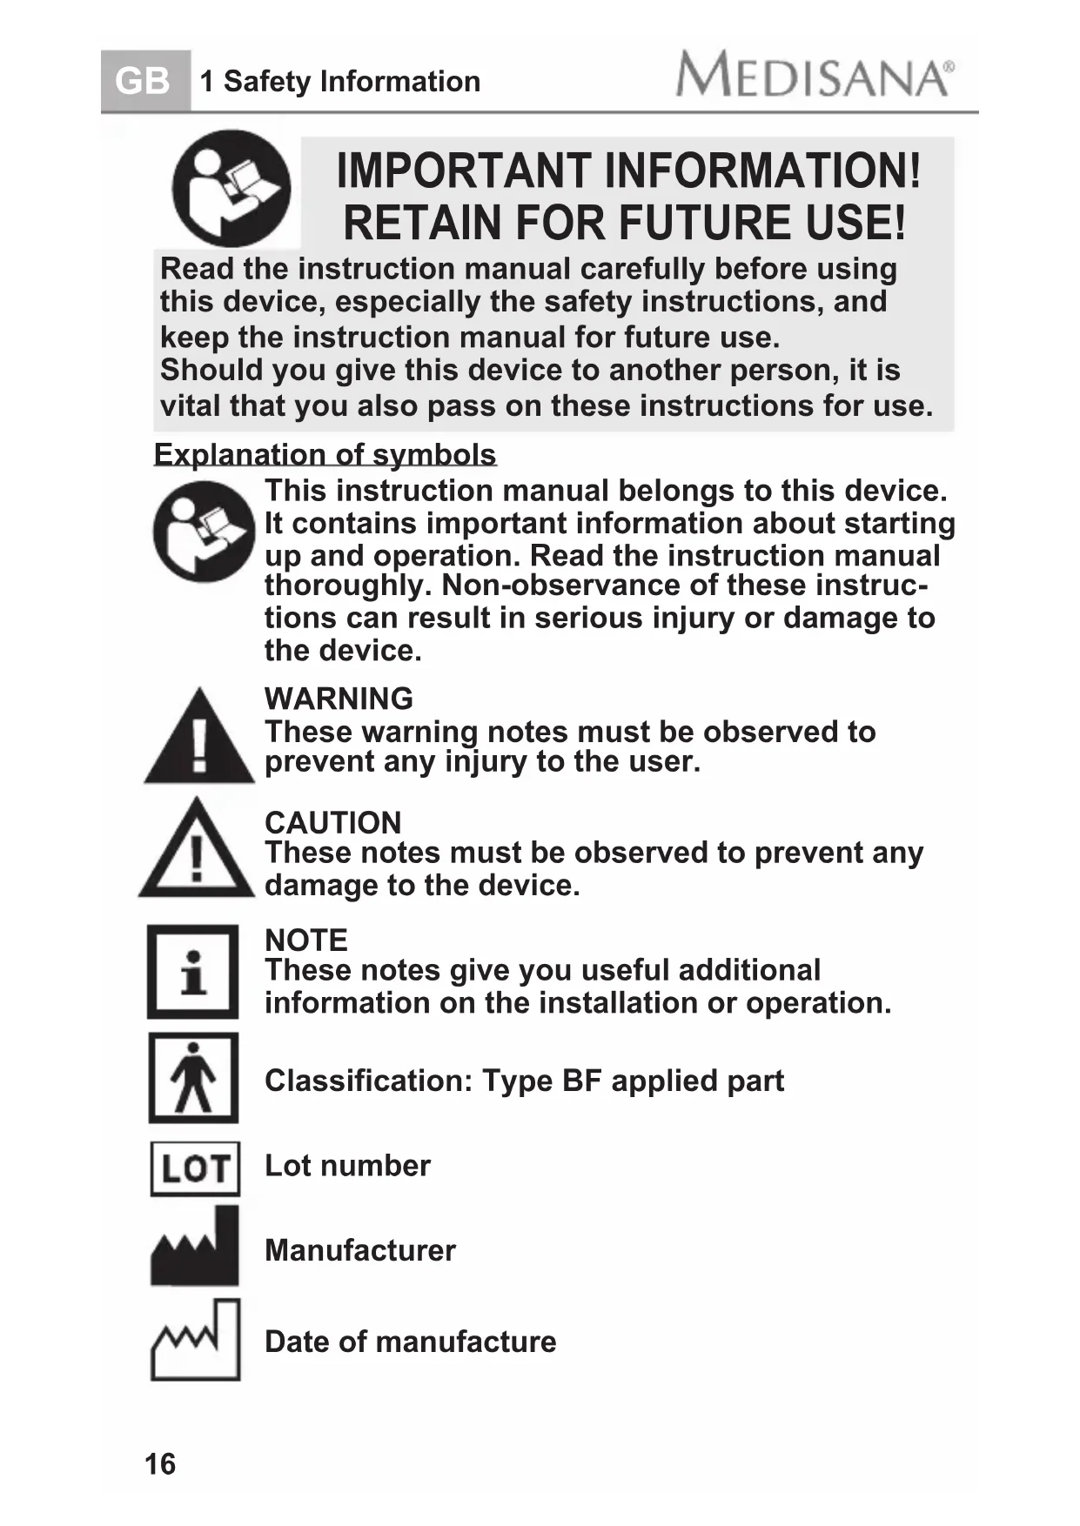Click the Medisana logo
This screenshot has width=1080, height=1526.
[x=815, y=75]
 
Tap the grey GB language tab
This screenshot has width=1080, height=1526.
[x=144, y=82]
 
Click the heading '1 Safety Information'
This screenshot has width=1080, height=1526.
[x=339, y=82]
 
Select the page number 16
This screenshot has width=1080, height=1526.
[x=160, y=1464]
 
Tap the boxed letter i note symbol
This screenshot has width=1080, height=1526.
[x=192, y=972]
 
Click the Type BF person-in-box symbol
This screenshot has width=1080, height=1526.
[x=193, y=1078]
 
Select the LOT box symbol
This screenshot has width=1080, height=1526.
[x=195, y=1168]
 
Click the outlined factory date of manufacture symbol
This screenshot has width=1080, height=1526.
[x=195, y=1340]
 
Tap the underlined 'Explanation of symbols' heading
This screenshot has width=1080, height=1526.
[x=325, y=454]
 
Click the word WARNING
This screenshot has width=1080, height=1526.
[x=339, y=699]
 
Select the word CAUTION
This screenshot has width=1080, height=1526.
[x=332, y=822]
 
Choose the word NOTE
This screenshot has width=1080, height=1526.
[x=305, y=940]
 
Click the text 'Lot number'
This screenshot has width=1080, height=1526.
[x=347, y=1166]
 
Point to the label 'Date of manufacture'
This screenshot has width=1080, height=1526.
[x=410, y=1342]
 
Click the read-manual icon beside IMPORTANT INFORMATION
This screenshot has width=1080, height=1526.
[x=231, y=189]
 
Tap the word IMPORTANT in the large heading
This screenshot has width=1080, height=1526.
[x=464, y=171]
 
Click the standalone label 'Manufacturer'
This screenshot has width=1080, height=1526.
[x=359, y=1250]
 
